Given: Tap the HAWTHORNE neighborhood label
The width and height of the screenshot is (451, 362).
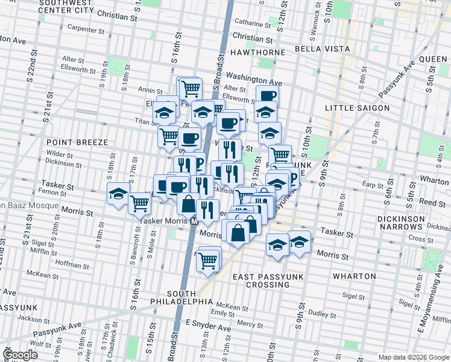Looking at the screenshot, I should (257, 52).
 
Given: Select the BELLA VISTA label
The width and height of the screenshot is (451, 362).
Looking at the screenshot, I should (323, 48).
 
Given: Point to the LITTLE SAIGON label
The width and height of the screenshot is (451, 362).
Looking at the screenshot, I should (355, 107).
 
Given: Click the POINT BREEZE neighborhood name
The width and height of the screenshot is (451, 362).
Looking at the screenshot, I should (77, 142).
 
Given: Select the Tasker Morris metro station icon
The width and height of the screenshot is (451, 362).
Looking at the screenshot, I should (194, 221).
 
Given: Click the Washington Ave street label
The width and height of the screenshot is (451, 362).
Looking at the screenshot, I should (254, 80).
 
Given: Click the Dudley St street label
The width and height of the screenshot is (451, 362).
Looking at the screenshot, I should (322, 314).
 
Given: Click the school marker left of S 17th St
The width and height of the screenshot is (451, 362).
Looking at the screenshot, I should (118, 194).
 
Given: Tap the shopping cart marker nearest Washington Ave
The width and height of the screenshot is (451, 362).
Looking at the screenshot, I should (190, 88).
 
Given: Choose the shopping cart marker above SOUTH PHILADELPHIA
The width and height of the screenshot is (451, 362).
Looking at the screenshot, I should (208, 261).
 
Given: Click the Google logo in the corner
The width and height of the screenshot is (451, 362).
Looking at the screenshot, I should (20, 355).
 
